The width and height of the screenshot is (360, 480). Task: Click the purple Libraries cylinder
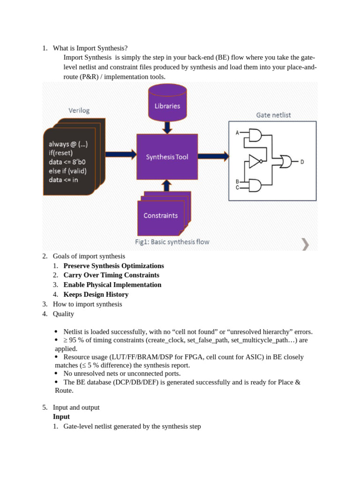coord(167,103)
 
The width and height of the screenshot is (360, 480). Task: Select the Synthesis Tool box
coord(167,157)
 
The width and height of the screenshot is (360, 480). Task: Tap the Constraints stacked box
coord(161,216)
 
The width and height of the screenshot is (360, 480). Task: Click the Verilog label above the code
coord(79,111)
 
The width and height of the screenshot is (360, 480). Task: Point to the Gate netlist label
coord(273,115)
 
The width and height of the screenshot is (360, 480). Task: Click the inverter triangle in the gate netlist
coord(254,161)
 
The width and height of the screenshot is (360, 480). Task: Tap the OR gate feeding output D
coord(285,162)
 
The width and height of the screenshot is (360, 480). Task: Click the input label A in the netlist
coord(237,133)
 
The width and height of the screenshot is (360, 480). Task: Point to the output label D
coord(302,162)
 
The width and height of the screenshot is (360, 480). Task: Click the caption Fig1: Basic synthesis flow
coord(172,242)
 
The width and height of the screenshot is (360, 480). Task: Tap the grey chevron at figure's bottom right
coord(305,243)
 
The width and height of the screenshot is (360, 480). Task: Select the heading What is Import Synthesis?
coord(90,48)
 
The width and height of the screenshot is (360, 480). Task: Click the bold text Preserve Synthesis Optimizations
coord(113,266)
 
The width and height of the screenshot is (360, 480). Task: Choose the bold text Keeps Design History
coord(96,294)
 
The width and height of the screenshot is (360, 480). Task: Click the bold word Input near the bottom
coord(61,417)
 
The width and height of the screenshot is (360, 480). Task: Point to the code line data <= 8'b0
coord(67,162)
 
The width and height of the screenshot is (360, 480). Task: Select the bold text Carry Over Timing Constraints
coord(111,275)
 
